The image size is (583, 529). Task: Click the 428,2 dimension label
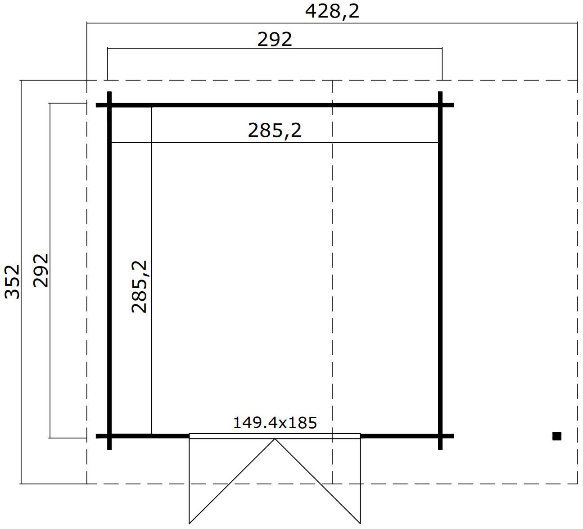(332, 12)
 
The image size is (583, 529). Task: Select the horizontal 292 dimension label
(275, 39)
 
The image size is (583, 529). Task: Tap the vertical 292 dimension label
(41, 270)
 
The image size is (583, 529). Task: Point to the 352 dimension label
(12, 282)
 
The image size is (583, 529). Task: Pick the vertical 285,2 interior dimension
(140, 286)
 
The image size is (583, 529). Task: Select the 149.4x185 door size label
(275, 423)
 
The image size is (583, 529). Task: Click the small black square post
(556, 436)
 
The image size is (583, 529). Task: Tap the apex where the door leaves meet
(275, 439)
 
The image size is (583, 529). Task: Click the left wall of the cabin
(109, 270)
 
